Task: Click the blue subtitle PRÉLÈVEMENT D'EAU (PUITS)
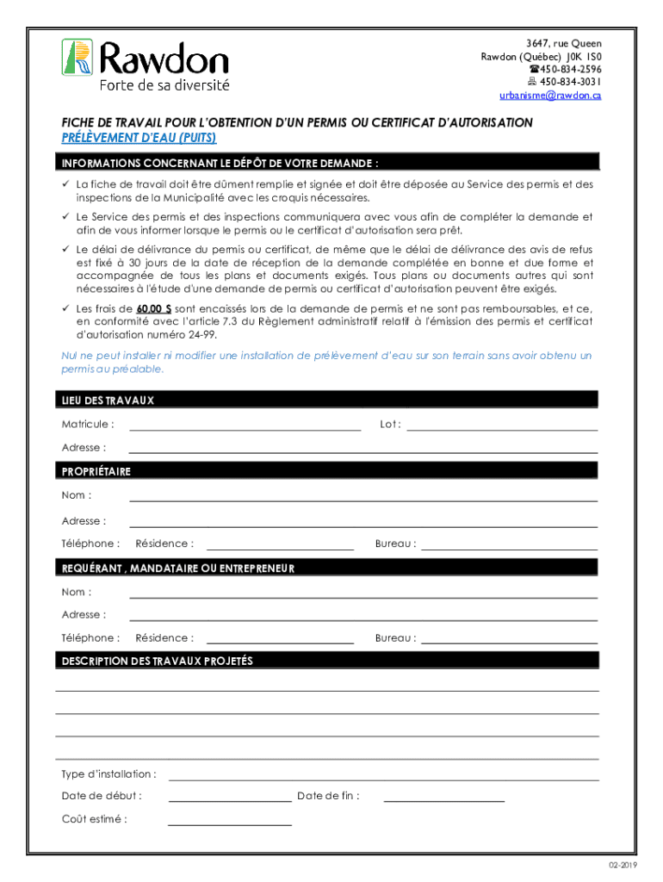point(138,138)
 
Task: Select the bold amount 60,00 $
point(152,307)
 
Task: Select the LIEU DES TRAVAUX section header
point(108,401)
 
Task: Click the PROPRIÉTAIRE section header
point(96,472)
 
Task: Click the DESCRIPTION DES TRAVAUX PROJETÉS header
point(157,661)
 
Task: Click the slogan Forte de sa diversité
point(164,85)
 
